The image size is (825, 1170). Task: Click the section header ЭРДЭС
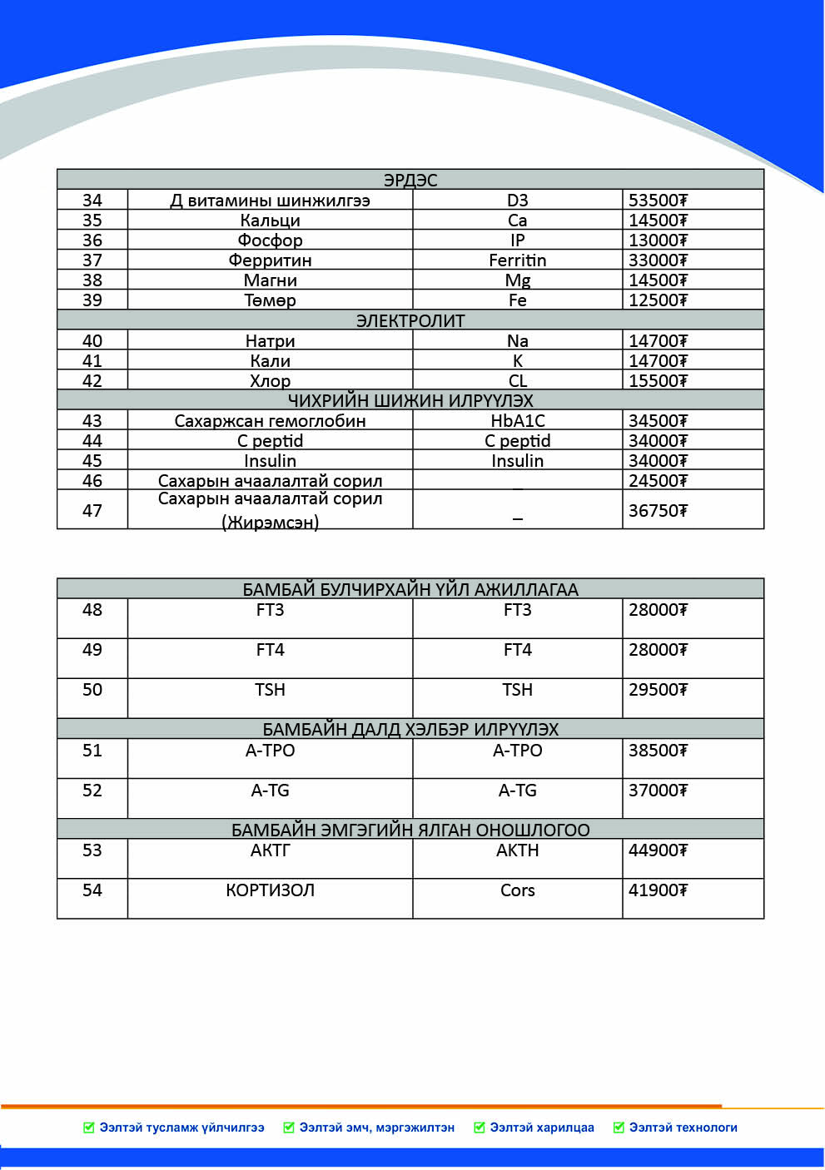[410, 180]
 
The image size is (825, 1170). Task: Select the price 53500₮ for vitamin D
[658, 201]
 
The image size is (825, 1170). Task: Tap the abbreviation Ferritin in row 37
[517, 260]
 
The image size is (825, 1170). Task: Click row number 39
[92, 300]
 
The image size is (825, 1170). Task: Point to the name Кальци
[270, 221]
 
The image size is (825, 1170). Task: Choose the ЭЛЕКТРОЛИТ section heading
[410, 320]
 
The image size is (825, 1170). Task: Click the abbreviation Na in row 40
[517, 341]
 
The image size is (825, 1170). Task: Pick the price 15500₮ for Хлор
[658, 381]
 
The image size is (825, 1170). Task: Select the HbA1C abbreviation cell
[517, 421]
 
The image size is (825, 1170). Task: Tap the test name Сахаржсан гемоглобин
[270, 421]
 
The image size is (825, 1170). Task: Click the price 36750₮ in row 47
[658, 511]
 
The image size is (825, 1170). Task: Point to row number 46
[92, 481]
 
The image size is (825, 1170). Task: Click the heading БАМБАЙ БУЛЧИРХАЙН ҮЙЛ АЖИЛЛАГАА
[410, 589]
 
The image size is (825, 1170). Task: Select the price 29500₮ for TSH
[658, 690]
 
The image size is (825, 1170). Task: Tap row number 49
[92, 650]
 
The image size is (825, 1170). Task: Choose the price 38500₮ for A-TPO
[658, 751]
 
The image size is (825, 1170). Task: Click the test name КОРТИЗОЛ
[270, 890]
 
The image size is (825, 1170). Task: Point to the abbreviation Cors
[517, 890]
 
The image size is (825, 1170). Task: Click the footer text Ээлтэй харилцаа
[541, 1128]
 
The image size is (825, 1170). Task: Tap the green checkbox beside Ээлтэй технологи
[619, 1128]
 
